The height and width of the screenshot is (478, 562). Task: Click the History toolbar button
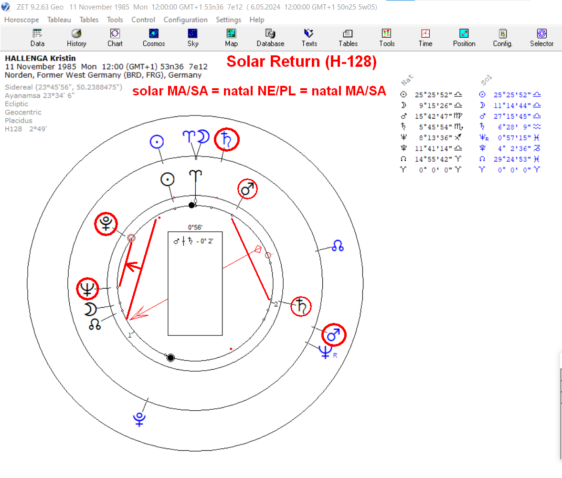pyautogui.click(x=76, y=38)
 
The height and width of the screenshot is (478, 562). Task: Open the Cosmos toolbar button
pyautogui.click(x=154, y=38)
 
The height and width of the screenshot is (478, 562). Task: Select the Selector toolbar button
pyautogui.click(x=541, y=38)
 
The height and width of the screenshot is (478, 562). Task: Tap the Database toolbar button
pyautogui.click(x=270, y=38)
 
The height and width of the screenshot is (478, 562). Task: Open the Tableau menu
pyautogui.click(x=59, y=20)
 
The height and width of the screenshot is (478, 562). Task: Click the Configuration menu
pyautogui.click(x=186, y=20)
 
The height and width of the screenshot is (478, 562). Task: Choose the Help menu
pyautogui.click(x=256, y=20)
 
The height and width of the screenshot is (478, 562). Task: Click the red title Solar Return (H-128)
pyautogui.click(x=301, y=62)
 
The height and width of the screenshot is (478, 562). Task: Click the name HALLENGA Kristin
pyautogui.click(x=40, y=58)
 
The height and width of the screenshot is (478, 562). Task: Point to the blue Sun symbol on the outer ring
pyautogui.click(x=157, y=142)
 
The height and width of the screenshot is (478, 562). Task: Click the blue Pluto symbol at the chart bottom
pyautogui.click(x=139, y=419)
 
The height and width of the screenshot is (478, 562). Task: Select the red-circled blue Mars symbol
pyautogui.click(x=333, y=335)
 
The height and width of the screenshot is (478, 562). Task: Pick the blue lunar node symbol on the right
pyautogui.click(x=338, y=246)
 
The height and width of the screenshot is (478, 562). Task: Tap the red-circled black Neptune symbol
pyautogui.click(x=87, y=289)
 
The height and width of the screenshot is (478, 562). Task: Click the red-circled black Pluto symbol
pyautogui.click(x=106, y=224)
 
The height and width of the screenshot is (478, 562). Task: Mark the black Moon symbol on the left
pyautogui.click(x=90, y=309)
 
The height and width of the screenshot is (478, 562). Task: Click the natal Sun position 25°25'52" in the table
pyautogui.click(x=434, y=95)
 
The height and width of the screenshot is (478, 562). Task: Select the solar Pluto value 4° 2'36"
pyautogui.click(x=512, y=148)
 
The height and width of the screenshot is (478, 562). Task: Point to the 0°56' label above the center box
pyautogui.click(x=195, y=228)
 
